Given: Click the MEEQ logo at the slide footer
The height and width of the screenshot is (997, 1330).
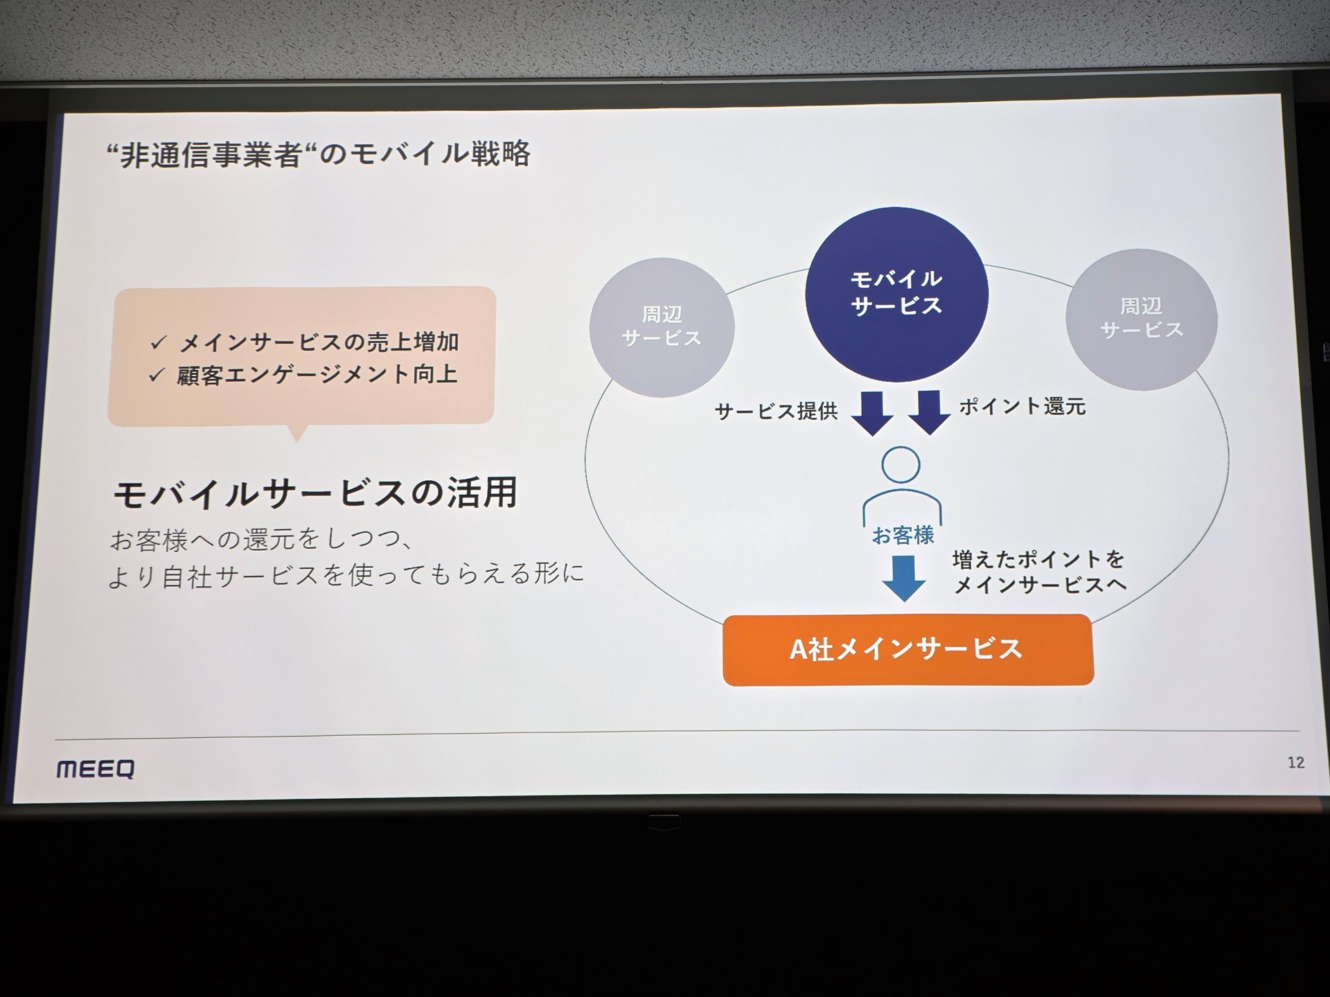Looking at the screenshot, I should pos(96,769).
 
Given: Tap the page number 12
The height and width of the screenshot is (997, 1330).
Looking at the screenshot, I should pos(1295,763).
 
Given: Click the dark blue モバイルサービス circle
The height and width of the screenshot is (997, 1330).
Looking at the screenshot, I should pos(896,294).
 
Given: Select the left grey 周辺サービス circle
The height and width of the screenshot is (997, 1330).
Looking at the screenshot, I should pos(662,327).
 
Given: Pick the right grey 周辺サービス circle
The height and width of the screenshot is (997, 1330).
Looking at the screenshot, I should pos(1141,319).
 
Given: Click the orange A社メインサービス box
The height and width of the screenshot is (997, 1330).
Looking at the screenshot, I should pos(907,649).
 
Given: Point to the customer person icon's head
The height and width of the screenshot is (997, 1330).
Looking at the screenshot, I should pos(901,465).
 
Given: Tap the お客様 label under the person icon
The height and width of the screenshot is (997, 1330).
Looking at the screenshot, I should pos(903,535).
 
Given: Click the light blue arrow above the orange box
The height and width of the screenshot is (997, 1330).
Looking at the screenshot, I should pos(904,578).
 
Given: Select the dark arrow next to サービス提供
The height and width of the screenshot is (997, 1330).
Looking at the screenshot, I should pos(872,412).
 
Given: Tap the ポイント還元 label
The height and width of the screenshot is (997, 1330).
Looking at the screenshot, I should pos(1022,407).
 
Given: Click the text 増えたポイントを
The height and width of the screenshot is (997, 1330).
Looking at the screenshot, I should pos(1038,559).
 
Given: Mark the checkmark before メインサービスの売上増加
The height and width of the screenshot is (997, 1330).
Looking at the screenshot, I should pos(159,342).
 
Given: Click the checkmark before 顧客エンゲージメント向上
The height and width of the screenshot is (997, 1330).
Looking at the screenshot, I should pos(157,375).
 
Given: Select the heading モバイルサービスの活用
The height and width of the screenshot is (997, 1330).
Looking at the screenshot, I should pos(315,493).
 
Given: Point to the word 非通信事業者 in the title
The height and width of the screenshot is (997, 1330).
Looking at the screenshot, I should pos(211,155).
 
